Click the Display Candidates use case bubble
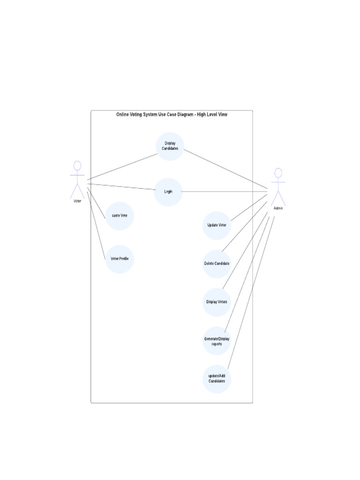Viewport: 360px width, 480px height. (170, 146)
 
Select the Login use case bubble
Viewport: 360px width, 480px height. (168, 192)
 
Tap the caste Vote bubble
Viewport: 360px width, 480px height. (120, 216)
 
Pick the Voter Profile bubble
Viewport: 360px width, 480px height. (120, 259)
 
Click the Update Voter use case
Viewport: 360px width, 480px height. (217, 225)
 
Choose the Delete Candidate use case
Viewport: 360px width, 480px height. (217, 263)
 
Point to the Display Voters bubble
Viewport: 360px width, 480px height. (217, 302)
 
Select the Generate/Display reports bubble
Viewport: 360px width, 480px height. (217, 341)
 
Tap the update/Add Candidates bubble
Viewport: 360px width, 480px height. (217, 378)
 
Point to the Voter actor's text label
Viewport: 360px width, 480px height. (77, 201)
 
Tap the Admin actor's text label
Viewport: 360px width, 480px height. (278, 208)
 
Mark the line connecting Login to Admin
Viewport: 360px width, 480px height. (225, 191)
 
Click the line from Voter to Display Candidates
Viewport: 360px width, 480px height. (122, 166)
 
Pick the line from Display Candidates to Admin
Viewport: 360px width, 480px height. (225, 169)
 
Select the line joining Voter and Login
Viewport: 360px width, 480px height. (122, 187)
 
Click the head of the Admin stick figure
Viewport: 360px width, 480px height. (278, 172)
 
